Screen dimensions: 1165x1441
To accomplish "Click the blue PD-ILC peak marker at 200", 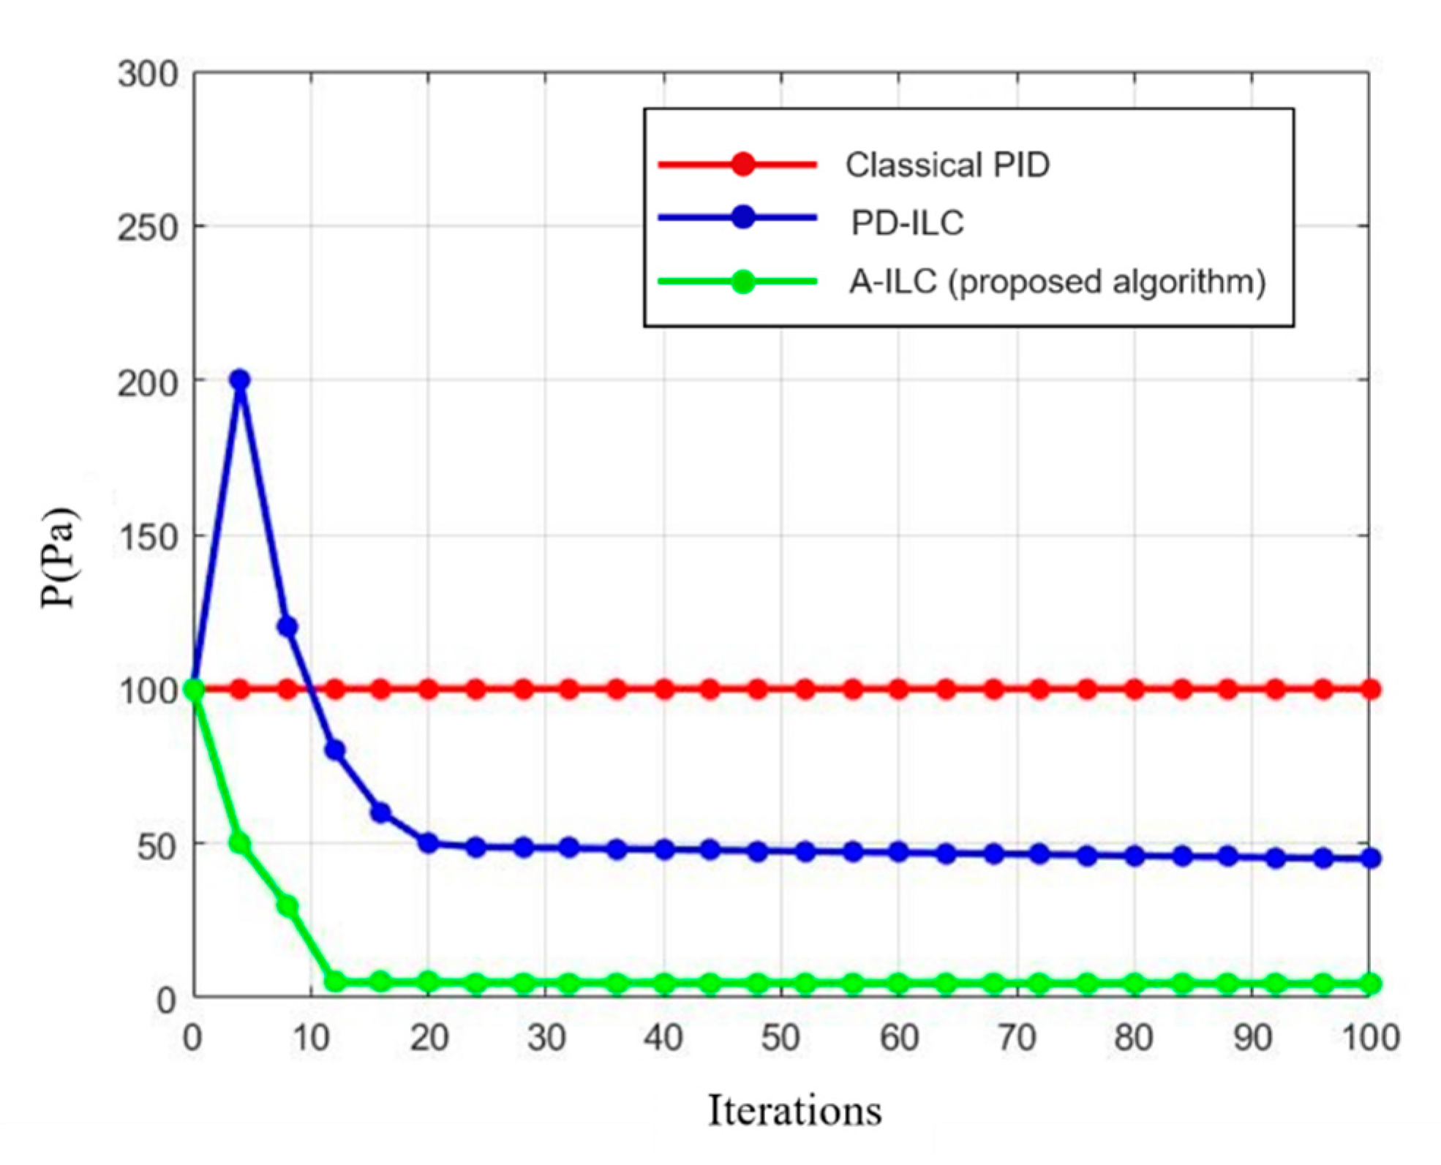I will coord(240,380).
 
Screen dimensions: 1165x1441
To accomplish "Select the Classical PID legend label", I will coord(947,165).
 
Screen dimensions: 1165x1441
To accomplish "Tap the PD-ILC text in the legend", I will coord(907,222).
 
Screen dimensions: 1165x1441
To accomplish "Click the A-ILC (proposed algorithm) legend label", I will coord(1057,282).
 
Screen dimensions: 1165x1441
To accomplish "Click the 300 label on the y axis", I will coord(148,75).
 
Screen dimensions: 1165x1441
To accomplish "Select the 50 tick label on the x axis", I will coord(780,1037).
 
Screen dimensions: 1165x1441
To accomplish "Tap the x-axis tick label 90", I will coord(1252,1037).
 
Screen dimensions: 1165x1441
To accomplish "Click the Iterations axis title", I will coord(794,1110).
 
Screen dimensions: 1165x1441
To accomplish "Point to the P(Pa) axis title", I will coord(59,557).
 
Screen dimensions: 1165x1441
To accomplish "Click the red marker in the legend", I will coord(742,164).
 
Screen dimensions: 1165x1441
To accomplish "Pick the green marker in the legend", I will coord(742,282).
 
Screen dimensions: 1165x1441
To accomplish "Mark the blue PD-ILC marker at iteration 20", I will coord(429,842).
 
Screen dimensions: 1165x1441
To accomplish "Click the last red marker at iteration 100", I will coord(1371,689).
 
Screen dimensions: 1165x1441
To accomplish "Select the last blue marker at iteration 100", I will coord(1371,858).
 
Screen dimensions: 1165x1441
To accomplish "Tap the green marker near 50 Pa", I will coord(240,843).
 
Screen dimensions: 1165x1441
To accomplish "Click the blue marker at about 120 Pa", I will coord(287,626).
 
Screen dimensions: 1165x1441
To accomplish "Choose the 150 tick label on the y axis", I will coord(148,538).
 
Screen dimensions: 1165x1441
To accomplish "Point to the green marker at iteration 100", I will coord(1371,984).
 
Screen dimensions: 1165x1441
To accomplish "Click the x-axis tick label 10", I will coord(311,1037).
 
